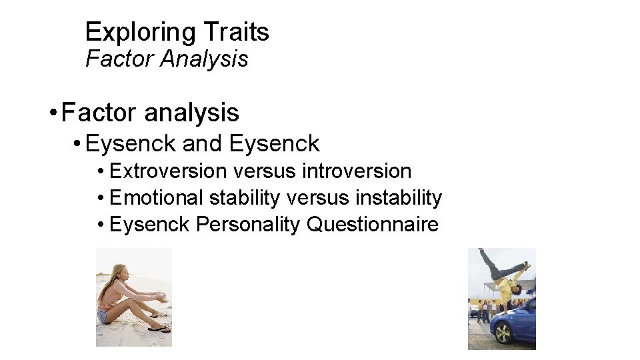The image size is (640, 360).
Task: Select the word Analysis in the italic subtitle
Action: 204,59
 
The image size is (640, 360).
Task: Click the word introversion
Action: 357,171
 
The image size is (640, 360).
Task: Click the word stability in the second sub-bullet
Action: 245,198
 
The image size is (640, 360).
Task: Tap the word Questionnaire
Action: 372,225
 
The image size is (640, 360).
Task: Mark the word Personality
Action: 249,225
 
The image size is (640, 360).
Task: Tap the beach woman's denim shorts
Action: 105,315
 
